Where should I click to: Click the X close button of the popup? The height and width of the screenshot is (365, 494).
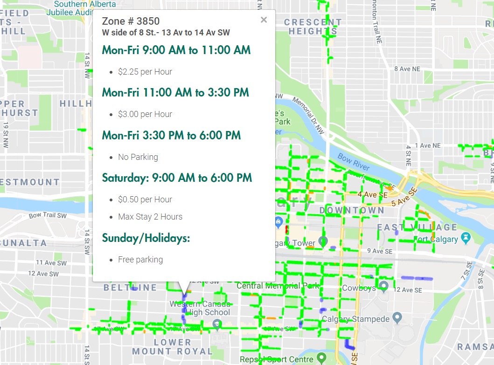pyautogui.click(x=264, y=20)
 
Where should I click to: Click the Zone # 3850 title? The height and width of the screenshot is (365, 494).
pyautogui.click(x=131, y=21)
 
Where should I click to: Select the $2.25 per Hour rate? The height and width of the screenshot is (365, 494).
pyautogui.click(x=145, y=72)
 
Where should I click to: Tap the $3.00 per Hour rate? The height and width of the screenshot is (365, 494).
pyautogui.click(x=145, y=114)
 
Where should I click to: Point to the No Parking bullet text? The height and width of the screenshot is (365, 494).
pyautogui.click(x=138, y=157)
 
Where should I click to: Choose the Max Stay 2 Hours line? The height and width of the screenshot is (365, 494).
pyautogui.click(x=150, y=217)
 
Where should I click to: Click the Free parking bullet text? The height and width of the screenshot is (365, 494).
pyautogui.click(x=140, y=260)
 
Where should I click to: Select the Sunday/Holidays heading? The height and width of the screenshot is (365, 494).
pyautogui.click(x=146, y=238)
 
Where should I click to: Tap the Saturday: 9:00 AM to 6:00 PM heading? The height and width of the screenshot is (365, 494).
pyautogui.click(x=177, y=178)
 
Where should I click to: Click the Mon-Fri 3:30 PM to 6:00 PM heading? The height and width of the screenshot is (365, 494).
pyautogui.click(x=171, y=136)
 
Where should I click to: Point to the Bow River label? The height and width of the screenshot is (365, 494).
pyautogui.click(x=353, y=162)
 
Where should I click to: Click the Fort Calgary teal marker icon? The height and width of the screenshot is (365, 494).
pyautogui.click(x=465, y=238)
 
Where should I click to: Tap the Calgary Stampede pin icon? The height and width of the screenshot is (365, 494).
pyautogui.click(x=397, y=318)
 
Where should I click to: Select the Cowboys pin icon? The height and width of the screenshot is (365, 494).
pyautogui.click(x=383, y=285)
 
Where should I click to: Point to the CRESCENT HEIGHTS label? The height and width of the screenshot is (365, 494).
pyautogui.click(x=313, y=27)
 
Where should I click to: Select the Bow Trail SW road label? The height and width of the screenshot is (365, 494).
pyautogui.click(x=48, y=215)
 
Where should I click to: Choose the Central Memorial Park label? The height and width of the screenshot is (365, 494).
pyautogui.click(x=278, y=285)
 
